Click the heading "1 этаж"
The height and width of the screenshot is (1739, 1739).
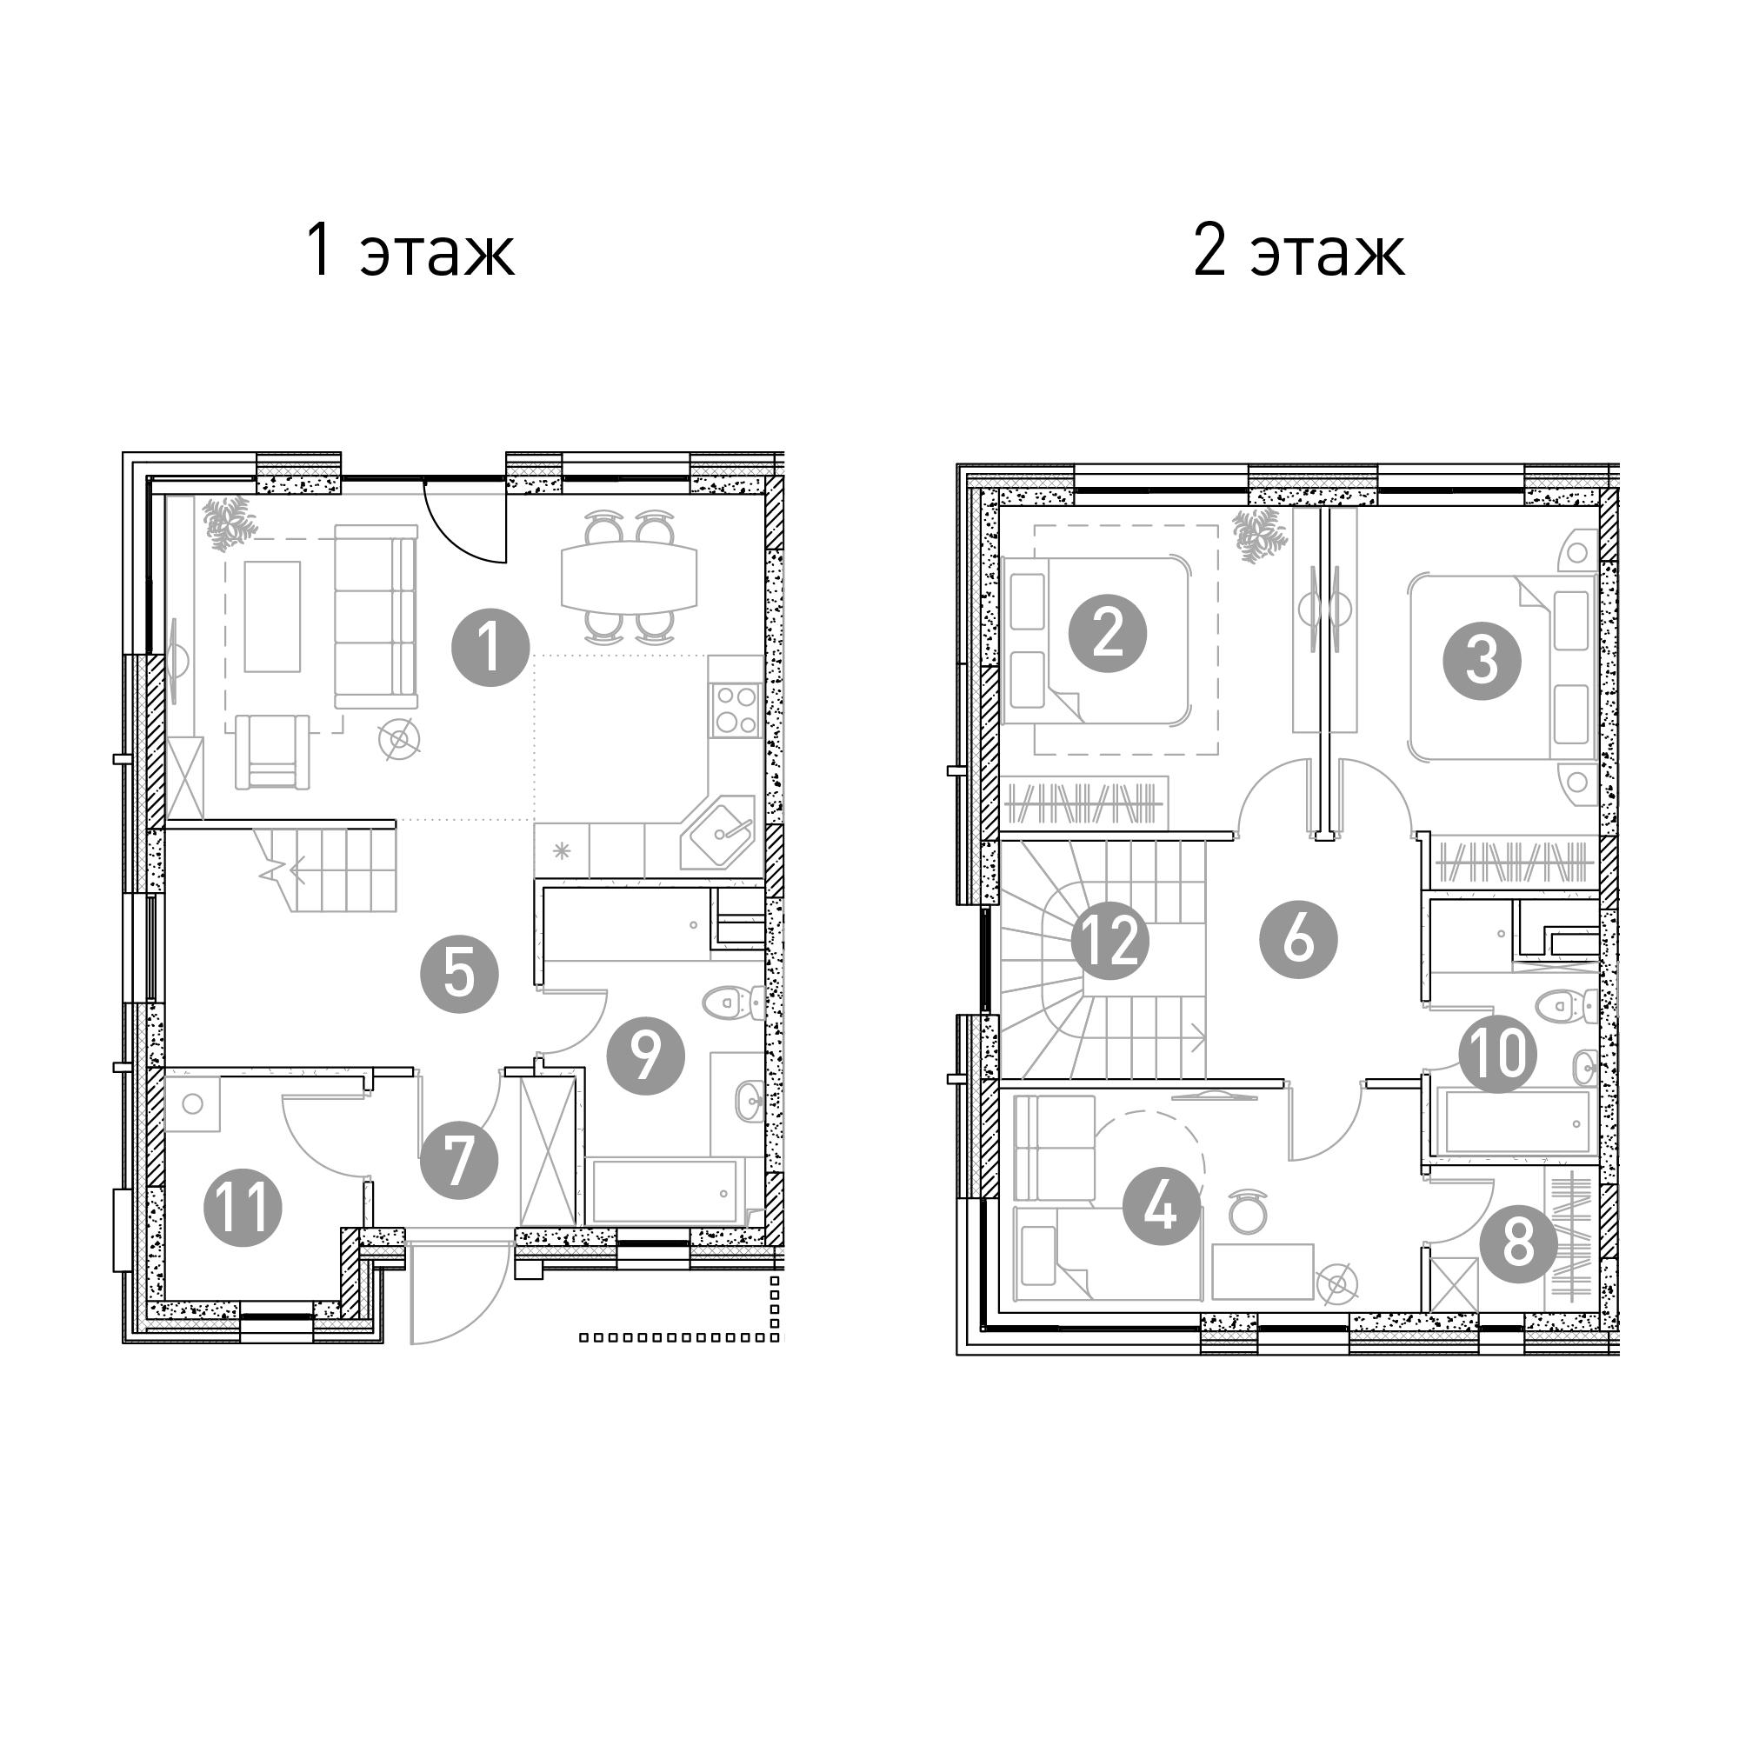(410, 251)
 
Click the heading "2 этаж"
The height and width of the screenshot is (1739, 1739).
(1298, 251)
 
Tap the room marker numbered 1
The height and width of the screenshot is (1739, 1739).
(490, 647)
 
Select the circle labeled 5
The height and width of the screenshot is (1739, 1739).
(459, 974)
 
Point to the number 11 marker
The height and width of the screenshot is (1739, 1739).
(243, 1207)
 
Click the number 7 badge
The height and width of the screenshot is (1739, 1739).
(459, 1160)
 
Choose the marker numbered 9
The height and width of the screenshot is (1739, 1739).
(645, 1056)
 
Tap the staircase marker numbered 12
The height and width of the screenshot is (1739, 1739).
(1109, 942)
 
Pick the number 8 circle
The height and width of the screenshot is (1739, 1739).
(1518, 1245)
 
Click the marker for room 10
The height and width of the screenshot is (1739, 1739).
(1498, 1054)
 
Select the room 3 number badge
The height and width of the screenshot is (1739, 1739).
(1482, 662)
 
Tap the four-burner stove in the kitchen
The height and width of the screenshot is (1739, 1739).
(736, 710)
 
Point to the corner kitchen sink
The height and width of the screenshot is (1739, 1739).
(720, 832)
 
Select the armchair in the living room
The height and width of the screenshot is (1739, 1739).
(272, 751)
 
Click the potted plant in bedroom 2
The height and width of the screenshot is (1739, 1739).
(1257, 536)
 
